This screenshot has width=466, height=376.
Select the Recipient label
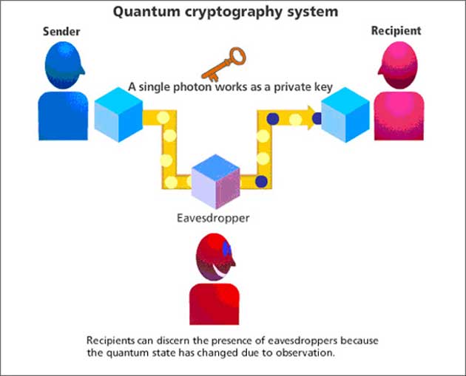pyautogui.click(x=396, y=30)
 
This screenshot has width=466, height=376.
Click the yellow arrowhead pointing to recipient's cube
pyautogui.click(x=310, y=117)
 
